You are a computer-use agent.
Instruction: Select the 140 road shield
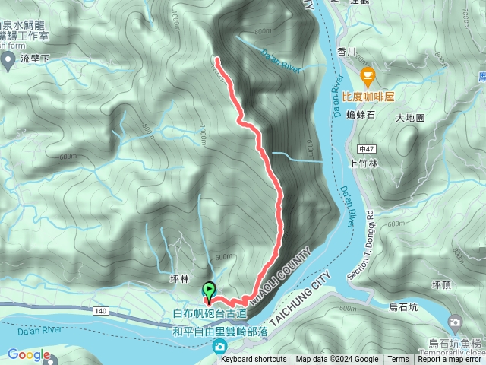click(x=103, y=312)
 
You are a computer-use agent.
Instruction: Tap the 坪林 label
click(x=179, y=279)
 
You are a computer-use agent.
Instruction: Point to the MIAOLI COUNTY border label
click(x=282, y=275)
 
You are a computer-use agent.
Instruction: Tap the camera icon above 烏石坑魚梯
click(x=455, y=322)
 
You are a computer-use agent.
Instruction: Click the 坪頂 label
click(x=442, y=284)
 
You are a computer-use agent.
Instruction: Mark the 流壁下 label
click(x=35, y=58)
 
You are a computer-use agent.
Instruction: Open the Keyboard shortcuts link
click(x=254, y=360)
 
